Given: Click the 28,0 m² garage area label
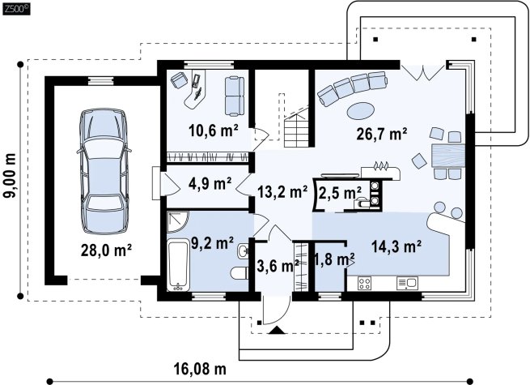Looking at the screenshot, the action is (106, 250).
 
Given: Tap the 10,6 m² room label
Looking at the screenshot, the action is (214, 130).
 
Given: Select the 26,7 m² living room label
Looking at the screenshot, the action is (382, 134).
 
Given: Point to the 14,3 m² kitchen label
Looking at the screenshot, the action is (396, 246).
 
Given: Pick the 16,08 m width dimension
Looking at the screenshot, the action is (200, 369).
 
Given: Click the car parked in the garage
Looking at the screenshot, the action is (103, 171).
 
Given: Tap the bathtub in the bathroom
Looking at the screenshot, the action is (178, 264).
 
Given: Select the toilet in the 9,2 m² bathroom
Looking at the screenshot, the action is (240, 272).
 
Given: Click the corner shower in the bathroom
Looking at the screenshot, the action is (177, 221).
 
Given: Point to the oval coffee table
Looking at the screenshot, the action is (361, 110).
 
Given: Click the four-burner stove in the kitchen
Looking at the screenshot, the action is (364, 283).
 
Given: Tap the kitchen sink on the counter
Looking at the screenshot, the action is (407, 283).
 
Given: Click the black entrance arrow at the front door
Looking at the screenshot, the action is (278, 330).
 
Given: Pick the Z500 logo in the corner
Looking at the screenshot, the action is (16, 9).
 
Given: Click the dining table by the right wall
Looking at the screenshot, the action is (448, 156).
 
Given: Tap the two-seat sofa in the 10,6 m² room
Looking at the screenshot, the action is (235, 96).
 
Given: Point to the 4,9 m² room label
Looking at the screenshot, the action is (210, 183).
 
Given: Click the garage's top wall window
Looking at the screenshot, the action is (100, 80).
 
